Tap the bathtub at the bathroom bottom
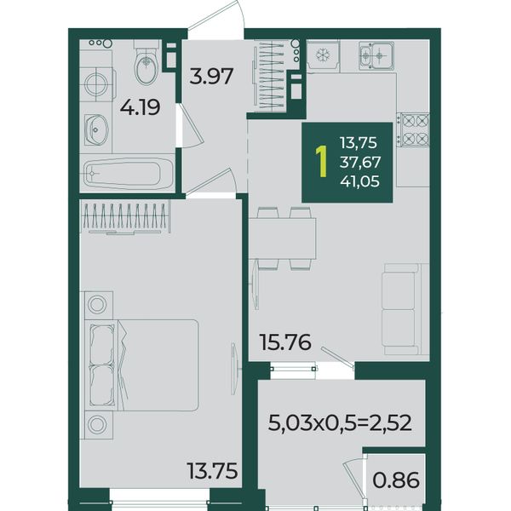(128, 173)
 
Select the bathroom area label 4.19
(141, 107)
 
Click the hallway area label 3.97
(211, 76)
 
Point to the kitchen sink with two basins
(376, 55)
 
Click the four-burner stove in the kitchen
(413, 130)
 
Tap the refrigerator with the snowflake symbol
(324, 56)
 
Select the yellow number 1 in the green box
(322, 162)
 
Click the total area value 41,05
(359, 181)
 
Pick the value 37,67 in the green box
(360, 162)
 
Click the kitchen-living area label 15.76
(285, 342)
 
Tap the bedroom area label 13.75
(212, 471)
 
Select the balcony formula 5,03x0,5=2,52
(340, 423)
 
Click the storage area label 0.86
(396, 480)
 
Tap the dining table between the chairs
(282, 238)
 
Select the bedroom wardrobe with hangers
(125, 217)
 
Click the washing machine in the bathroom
(98, 84)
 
